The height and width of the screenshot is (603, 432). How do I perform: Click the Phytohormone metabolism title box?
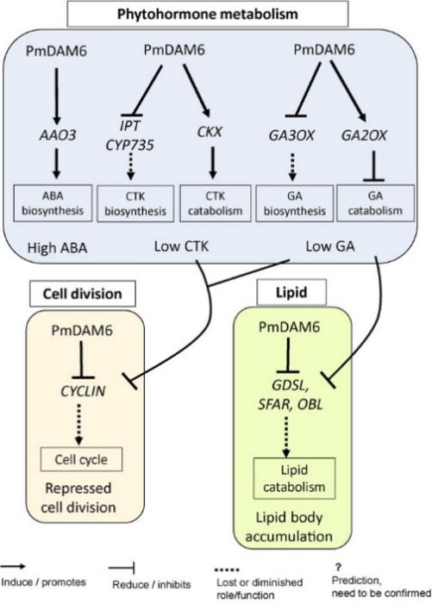[x=219, y=15]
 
